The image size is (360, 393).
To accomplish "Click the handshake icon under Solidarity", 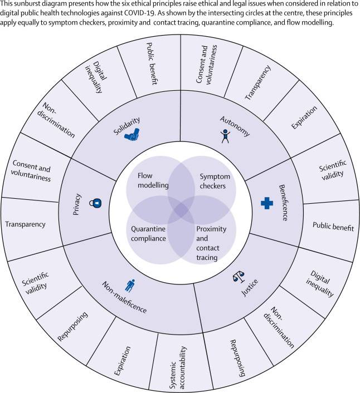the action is [132, 135].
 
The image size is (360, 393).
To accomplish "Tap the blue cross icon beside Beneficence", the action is [267, 203].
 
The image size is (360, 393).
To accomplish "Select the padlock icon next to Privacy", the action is [95, 203].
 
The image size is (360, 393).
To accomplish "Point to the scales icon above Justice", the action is [239, 277].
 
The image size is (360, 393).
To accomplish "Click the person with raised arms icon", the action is [225, 136].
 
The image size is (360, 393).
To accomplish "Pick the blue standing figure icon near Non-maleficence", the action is [130, 286].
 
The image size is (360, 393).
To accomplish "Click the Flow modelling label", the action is [153, 180].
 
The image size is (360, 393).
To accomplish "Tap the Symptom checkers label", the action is [215, 181].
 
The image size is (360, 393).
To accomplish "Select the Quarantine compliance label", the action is [148, 234].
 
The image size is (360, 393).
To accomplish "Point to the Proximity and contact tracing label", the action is [211, 243].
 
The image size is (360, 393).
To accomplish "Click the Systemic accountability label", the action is [178, 367].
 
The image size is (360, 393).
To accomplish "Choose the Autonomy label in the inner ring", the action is [235, 126].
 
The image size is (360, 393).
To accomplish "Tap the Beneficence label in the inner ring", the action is [283, 203].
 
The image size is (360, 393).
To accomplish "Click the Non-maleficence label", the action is [124, 297].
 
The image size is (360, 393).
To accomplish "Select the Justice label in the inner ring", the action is [249, 288].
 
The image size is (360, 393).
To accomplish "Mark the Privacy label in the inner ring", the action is [76, 204].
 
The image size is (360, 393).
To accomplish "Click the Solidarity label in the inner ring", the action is [127, 126].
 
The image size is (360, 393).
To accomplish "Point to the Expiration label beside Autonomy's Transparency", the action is [304, 117].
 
